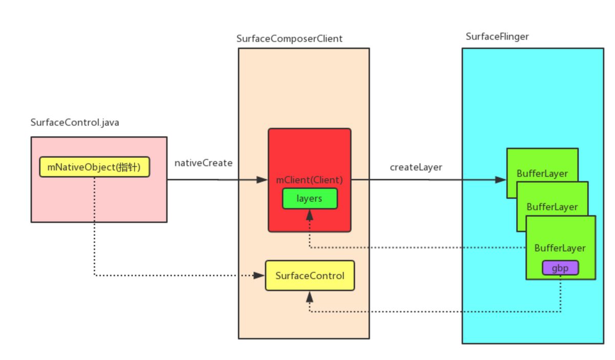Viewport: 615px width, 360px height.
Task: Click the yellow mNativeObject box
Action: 94,167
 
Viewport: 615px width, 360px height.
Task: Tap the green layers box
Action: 310,199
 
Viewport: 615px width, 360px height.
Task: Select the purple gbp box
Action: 560,268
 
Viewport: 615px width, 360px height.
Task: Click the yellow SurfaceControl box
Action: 310,276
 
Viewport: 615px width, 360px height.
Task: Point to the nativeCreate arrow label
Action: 203,163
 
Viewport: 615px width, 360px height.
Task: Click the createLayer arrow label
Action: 416,167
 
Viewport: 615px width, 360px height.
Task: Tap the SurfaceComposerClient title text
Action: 290,39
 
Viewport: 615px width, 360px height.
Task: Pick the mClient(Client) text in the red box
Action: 310,180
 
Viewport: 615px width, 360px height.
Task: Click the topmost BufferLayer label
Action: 542,174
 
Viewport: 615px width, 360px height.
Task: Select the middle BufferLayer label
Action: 552,207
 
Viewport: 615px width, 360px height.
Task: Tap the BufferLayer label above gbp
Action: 560,248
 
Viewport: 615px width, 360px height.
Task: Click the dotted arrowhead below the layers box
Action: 310,215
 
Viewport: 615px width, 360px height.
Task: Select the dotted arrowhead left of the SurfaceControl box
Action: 259,276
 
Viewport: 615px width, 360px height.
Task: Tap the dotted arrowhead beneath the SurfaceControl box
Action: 310,295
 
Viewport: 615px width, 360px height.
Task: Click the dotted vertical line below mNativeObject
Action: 94,225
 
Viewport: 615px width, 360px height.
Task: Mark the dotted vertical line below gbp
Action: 560,294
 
